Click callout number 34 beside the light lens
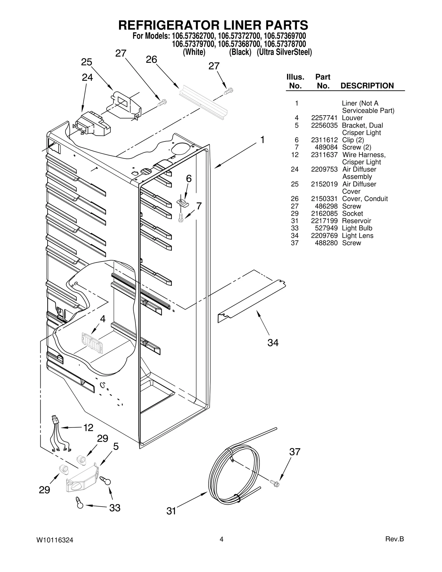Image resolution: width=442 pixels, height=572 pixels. click(x=273, y=343)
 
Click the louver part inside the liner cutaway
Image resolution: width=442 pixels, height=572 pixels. click(x=92, y=342)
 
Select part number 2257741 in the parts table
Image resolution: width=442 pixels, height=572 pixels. click(x=324, y=118)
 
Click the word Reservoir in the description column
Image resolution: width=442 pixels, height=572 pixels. click(x=356, y=221)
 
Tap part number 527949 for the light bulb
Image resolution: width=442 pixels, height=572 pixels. click(x=326, y=228)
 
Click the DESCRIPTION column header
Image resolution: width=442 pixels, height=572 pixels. click(x=367, y=86)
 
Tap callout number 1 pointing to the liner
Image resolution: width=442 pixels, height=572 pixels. click(x=262, y=140)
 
